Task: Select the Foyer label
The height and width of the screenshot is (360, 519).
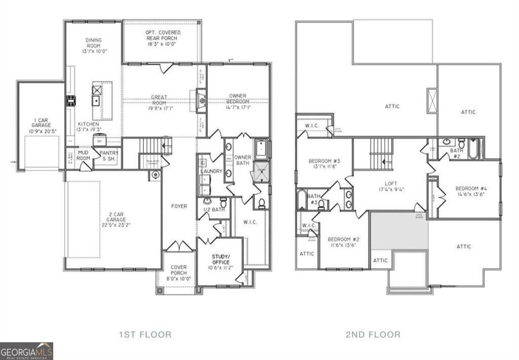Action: pyautogui.click(x=179, y=206)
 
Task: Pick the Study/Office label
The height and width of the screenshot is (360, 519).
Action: pyautogui.click(x=220, y=259)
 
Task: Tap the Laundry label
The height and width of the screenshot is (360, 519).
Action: pyautogui.click(x=211, y=171)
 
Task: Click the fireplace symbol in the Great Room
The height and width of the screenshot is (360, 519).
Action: pyautogui.click(x=202, y=99)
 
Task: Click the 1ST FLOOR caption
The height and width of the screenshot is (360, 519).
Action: pyautogui.click(x=145, y=334)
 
